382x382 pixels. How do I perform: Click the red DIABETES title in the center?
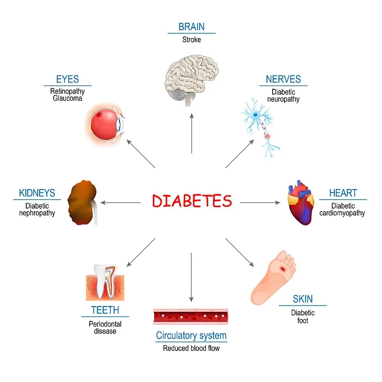[192, 201]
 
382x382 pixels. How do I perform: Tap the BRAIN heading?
[191, 27]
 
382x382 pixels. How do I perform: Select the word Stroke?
[191, 40]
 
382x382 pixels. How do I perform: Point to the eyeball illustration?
[106, 124]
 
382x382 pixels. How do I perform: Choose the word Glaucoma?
[67, 98]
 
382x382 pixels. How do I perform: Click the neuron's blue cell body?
[255, 115]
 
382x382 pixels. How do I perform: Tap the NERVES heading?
[283, 79]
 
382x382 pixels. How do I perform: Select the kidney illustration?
[83, 202]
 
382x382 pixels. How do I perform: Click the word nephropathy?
[37, 213]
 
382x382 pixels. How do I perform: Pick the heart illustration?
[300, 202]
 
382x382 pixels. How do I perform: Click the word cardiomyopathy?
[342, 213]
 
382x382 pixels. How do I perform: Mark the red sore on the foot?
[283, 269]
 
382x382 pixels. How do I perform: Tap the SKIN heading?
[303, 299]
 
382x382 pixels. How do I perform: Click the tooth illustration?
[105, 282]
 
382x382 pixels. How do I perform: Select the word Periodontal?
[105, 324]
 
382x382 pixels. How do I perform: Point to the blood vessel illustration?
[191, 317]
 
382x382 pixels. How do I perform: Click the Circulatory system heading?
[191, 336]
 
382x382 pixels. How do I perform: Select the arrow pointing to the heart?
[260, 202]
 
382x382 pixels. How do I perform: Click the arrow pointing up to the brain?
[192, 134]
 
